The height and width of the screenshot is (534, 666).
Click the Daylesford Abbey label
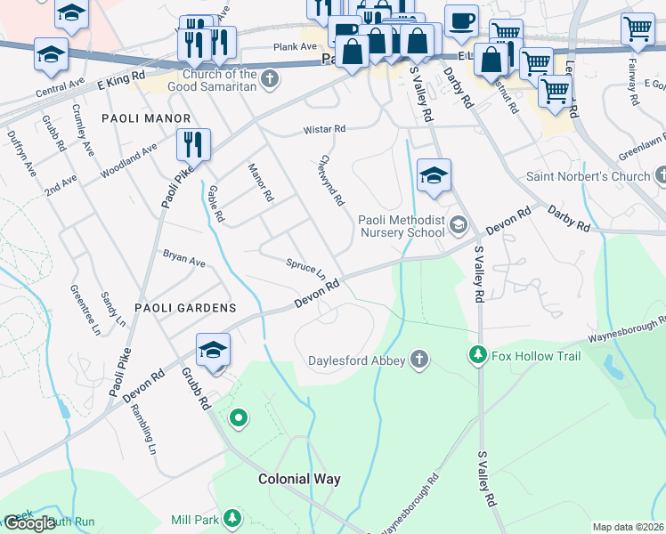pyautogui.click(x=357, y=360)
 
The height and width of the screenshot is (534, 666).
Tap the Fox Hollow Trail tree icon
pyautogui.click(x=478, y=356)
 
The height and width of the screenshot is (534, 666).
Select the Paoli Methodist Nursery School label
pyautogui.click(x=401, y=226)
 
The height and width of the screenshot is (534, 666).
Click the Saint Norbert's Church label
pyautogui.click(x=588, y=176)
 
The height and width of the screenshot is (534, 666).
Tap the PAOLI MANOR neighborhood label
pyautogui.click(x=146, y=118)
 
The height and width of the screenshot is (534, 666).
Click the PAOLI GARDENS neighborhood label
pyautogui.click(x=185, y=308)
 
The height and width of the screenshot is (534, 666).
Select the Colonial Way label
pyautogui.click(x=299, y=479)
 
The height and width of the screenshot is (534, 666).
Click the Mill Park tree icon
pyautogui.click(x=231, y=517)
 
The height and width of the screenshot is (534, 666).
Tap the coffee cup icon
pyautogui.click(x=460, y=20)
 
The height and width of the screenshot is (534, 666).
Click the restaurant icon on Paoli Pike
pyautogui.click(x=193, y=142)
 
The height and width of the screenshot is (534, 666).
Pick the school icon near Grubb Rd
pyautogui.click(x=213, y=349)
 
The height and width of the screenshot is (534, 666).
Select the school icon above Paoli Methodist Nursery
pyautogui.click(x=434, y=175)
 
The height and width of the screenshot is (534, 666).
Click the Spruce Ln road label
pyautogui.click(x=305, y=268)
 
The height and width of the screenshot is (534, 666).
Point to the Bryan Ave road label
pyautogui.click(x=183, y=259)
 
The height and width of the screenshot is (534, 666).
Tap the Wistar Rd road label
pyautogui.click(x=323, y=129)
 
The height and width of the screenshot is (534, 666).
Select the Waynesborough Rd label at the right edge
pyautogui.click(x=626, y=334)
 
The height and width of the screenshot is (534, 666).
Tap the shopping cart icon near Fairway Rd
pyautogui.click(x=638, y=28)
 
